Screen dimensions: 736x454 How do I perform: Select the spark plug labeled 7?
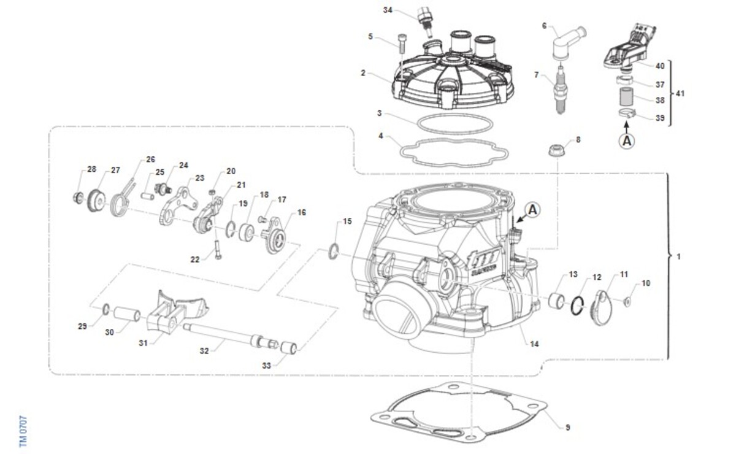(x=560, y=90)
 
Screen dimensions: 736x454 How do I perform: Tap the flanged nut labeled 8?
(x=557, y=150)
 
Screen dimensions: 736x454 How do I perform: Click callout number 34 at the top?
(x=388, y=10)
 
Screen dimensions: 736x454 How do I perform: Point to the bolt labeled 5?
(x=402, y=44)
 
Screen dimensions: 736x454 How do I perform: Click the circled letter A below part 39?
(x=627, y=141)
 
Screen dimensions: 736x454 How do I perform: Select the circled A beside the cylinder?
(x=532, y=210)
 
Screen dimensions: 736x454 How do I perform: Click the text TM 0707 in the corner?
(x=23, y=431)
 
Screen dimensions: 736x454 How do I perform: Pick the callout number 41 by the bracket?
(x=680, y=94)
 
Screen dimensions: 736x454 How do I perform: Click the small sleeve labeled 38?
(x=626, y=97)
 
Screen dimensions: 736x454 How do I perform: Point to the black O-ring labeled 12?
(x=577, y=306)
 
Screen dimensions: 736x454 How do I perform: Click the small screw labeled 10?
(x=627, y=301)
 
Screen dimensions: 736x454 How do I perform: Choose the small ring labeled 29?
(x=105, y=309)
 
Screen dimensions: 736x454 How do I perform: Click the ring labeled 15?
(x=333, y=251)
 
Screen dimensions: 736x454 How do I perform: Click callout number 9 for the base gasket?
(x=568, y=428)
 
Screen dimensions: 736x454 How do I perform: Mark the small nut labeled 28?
(x=79, y=198)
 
